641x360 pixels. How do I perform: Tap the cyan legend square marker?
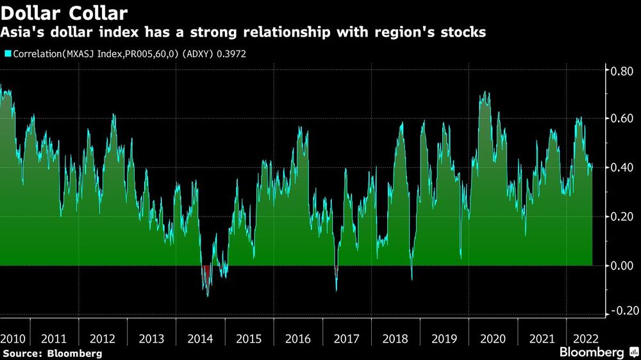point(7,54)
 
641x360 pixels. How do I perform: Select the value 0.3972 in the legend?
point(231,54)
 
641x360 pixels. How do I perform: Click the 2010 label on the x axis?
point(13,338)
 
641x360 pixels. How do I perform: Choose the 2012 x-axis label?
point(103,338)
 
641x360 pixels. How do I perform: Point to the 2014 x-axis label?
point(201,338)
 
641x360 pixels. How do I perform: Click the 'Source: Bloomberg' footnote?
point(53,353)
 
